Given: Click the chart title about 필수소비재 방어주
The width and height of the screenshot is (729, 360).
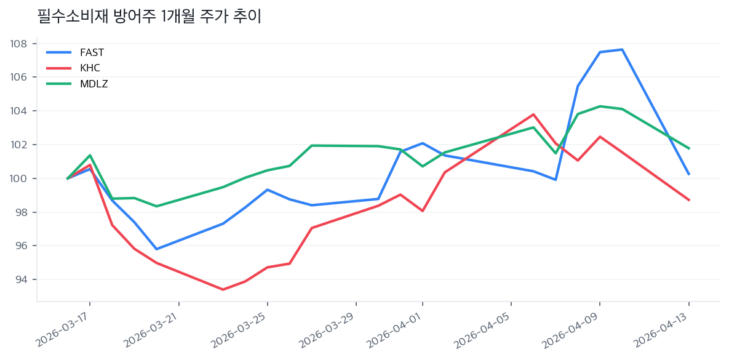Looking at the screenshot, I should click(149, 17).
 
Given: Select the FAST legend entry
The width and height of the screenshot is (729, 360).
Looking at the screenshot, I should click(92, 52).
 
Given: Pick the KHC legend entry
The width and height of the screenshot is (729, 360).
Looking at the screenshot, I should click(90, 68).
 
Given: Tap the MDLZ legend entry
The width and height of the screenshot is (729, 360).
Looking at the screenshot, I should click(94, 84).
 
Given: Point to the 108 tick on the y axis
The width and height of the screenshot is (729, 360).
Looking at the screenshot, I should click(18, 44).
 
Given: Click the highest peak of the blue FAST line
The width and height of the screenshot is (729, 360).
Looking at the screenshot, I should click(622, 49).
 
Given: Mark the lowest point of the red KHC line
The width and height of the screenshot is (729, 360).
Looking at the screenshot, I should click(223, 289).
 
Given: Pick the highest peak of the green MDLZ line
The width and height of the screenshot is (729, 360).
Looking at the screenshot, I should click(600, 106).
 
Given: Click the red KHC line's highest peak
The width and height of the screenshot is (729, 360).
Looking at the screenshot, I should click(533, 114).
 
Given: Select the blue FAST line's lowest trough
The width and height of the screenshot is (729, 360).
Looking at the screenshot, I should click(156, 249).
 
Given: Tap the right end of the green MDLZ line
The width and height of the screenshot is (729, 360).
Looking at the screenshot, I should click(689, 148).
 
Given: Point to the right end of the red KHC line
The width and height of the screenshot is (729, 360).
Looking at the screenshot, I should click(689, 200).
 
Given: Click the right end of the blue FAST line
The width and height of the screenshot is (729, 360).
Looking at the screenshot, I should click(689, 174).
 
